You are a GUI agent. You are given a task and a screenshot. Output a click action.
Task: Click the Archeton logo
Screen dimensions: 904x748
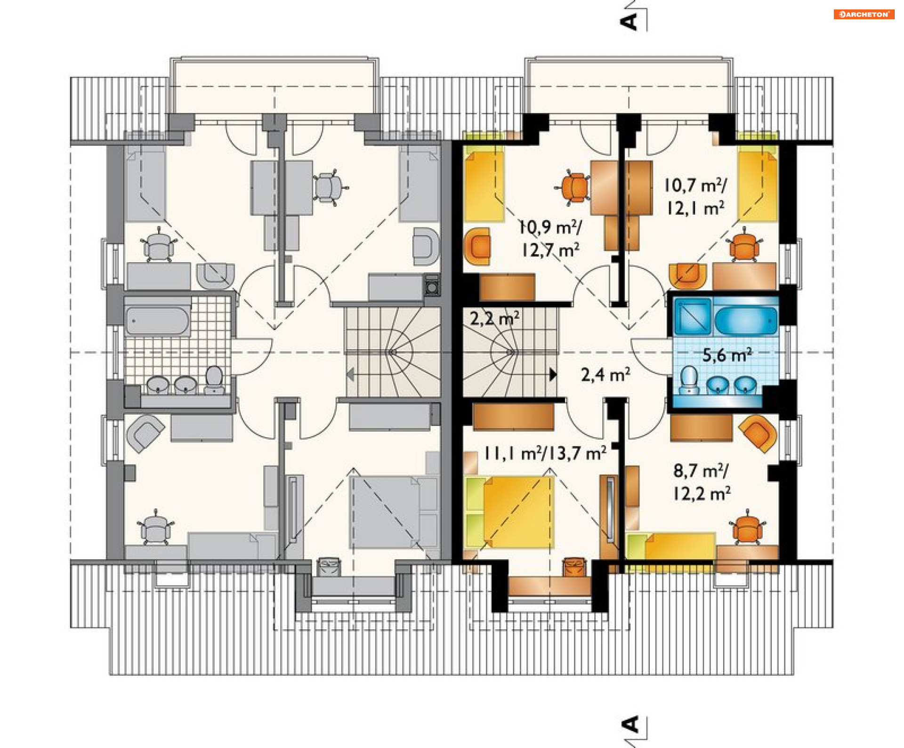coord(864,15)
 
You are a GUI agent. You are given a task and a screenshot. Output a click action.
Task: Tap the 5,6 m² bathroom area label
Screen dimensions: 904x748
coord(727,355)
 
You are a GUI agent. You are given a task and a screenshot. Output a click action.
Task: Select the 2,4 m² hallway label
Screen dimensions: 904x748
coord(605,375)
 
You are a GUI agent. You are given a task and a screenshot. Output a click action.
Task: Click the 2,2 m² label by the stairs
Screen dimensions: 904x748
coord(494,319)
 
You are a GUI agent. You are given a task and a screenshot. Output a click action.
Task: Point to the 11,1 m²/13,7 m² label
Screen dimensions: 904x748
coord(545,453)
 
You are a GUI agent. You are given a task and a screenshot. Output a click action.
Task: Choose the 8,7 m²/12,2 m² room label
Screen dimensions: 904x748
coord(702,482)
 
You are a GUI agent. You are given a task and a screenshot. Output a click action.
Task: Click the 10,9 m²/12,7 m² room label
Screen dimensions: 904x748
coord(550,239)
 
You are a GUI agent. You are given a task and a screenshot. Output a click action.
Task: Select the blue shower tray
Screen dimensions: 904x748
coord(693,316)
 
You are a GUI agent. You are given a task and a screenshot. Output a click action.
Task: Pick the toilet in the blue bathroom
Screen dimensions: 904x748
coord(689,379)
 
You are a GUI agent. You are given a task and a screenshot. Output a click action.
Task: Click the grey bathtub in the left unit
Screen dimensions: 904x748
coord(157,321)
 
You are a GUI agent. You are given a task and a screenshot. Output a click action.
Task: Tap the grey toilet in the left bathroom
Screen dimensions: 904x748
coord(214,379)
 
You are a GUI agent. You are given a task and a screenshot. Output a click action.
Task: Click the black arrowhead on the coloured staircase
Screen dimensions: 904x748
coord(553,375)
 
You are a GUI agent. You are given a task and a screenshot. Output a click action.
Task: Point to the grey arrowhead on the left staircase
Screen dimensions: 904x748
coord(350,375)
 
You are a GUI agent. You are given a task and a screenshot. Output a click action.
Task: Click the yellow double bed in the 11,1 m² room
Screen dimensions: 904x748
coord(510,512)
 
